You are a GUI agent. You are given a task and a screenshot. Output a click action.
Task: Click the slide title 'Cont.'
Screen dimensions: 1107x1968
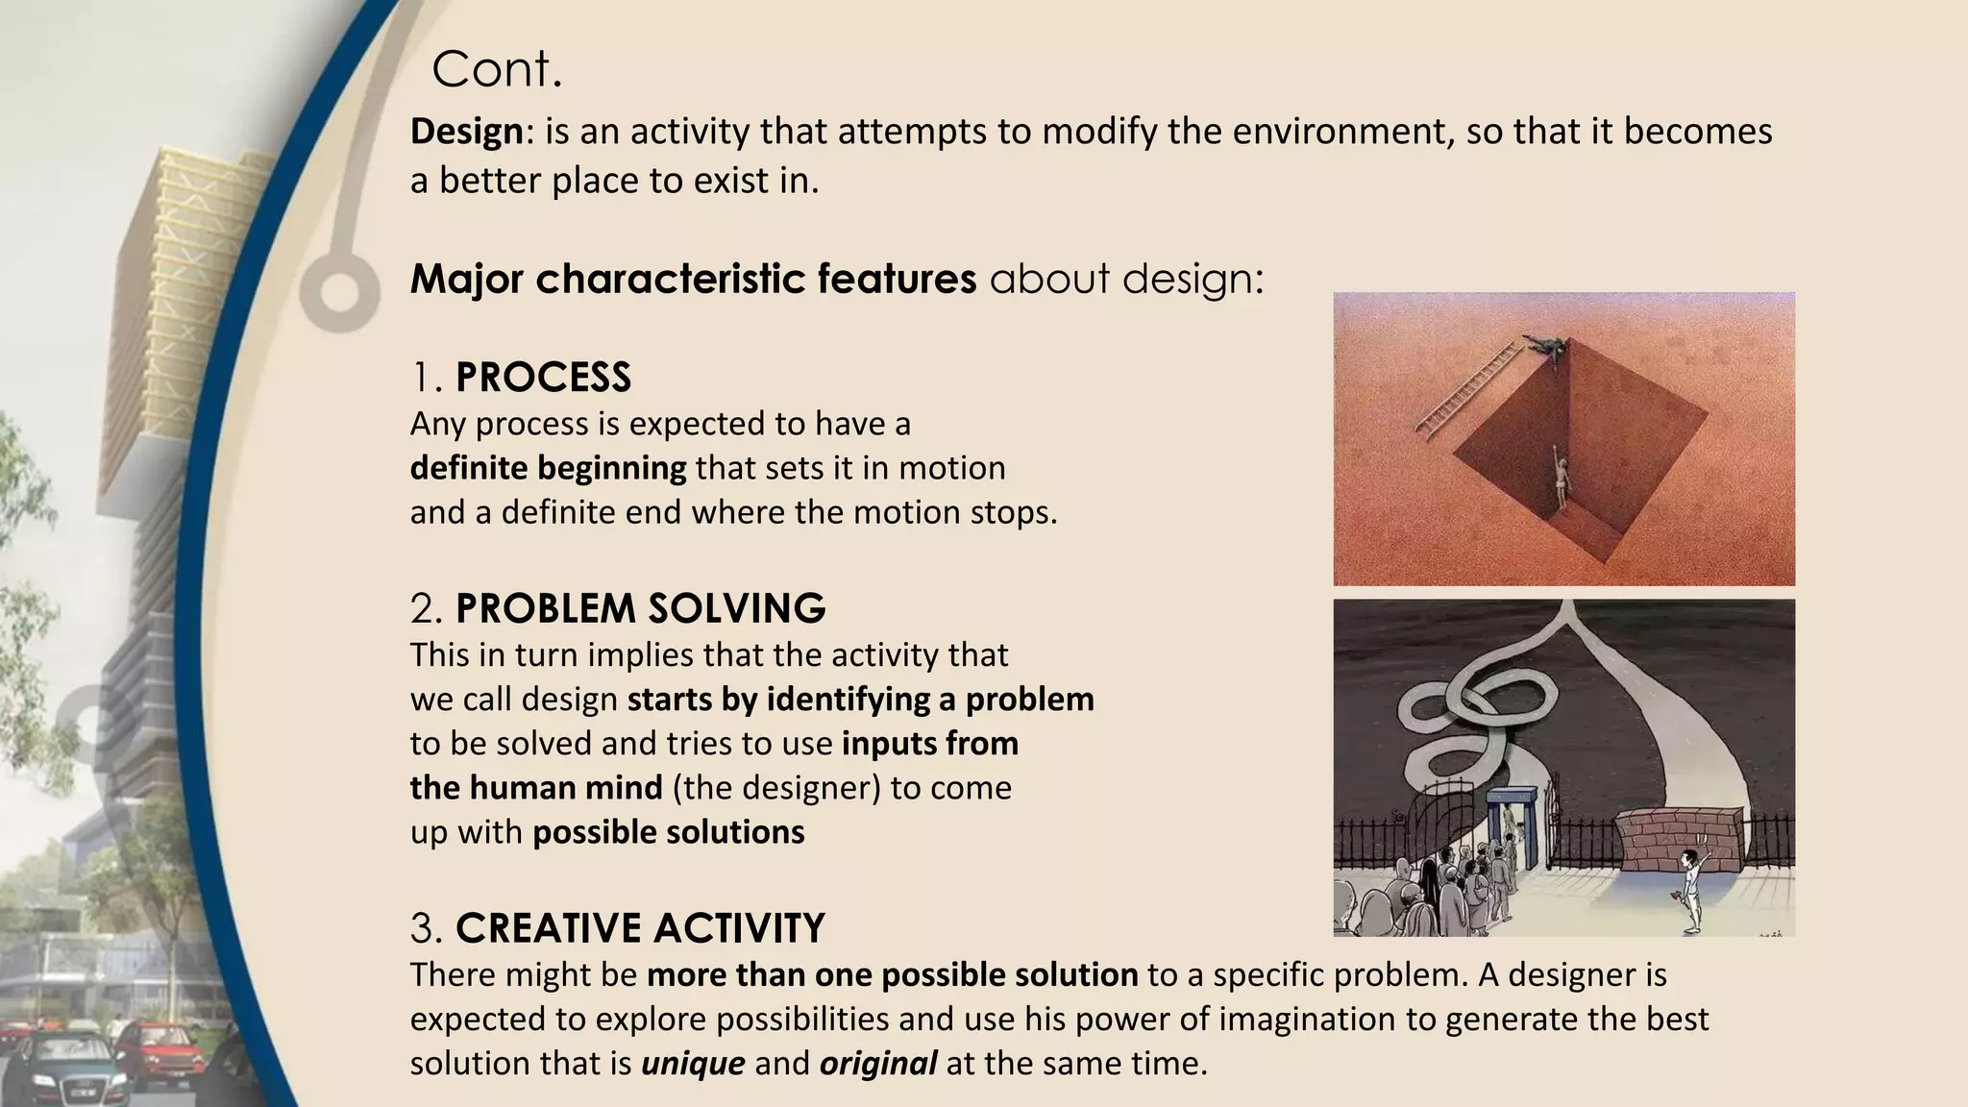pyautogui.click(x=497, y=69)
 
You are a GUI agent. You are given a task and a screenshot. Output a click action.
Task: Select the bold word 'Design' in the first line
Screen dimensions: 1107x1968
pyautogui.click(x=466, y=132)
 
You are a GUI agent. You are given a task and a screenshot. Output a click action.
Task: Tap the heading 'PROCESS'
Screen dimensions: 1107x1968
pyautogui.click(x=543, y=378)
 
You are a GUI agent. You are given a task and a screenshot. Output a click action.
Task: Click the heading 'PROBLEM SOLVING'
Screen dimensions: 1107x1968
pyautogui.click(x=640, y=609)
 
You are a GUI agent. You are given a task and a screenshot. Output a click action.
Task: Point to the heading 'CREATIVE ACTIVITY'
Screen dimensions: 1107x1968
pyautogui.click(x=640, y=928)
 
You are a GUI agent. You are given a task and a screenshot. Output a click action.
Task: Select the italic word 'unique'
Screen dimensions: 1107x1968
pyautogui.click(x=693, y=1064)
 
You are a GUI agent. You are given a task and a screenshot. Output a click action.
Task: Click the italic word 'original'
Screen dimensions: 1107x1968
pyautogui.click(x=877, y=1064)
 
